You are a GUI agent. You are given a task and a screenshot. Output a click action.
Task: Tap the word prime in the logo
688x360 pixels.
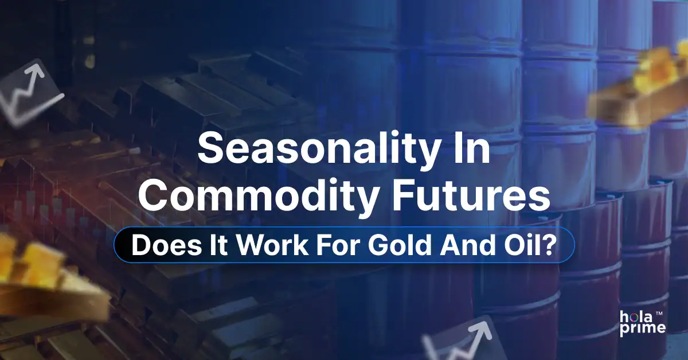(642, 328)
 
